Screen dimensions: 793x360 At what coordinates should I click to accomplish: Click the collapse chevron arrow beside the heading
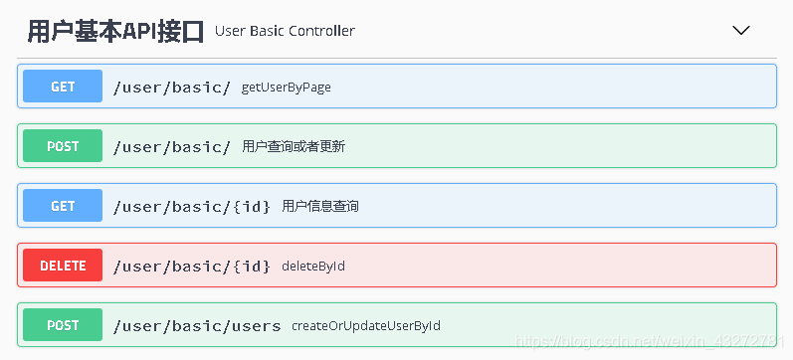click(x=740, y=31)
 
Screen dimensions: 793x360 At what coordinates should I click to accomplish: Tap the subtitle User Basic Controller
click(x=285, y=31)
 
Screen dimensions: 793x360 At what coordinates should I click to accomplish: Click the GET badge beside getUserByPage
click(x=63, y=87)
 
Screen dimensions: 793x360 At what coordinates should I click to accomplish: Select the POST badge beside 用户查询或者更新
click(x=63, y=146)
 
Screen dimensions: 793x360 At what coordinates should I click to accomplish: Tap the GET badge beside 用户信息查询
click(x=63, y=206)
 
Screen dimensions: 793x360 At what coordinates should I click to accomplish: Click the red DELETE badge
click(x=63, y=266)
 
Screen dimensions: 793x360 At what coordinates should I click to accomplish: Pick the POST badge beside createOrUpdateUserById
click(x=63, y=325)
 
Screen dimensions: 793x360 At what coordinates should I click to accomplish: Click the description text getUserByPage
click(x=287, y=88)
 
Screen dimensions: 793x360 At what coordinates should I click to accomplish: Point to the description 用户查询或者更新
click(x=294, y=147)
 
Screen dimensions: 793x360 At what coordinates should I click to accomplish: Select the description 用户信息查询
click(x=320, y=207)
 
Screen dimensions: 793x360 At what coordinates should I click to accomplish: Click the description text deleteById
click(x=313, y=267)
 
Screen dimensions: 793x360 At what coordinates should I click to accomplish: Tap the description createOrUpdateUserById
click(x=366, y=326)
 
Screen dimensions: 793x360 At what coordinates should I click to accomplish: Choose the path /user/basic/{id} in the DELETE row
click(x=191, y=266)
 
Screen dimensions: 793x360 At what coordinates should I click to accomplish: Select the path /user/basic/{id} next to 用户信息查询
click(x=191, y=206)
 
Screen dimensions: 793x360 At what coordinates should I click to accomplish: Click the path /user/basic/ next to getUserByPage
click(x=171, y=87)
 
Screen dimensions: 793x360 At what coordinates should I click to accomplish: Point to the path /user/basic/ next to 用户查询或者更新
click(x=171, y=146)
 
